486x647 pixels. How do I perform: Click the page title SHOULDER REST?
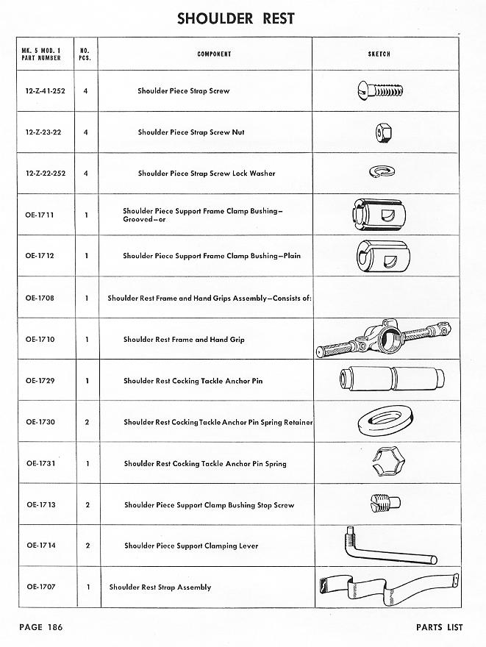click(235, 19)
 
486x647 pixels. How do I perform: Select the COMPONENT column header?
click(214, 54)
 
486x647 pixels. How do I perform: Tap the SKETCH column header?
click(379, 54)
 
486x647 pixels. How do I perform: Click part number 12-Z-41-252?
click(44, 91)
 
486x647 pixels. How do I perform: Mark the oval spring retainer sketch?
click(382, 422)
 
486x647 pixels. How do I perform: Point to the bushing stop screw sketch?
click(382, 503)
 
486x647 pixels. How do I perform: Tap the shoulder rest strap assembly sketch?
click(385, 587)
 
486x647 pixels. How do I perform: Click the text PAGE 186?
click(40, 627)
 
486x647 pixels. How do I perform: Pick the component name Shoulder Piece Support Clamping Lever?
click(191, 546)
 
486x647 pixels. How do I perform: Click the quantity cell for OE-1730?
click(86, 423)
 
